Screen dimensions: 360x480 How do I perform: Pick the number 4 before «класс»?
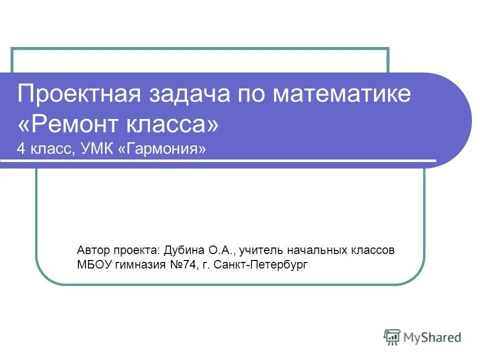[20, 148]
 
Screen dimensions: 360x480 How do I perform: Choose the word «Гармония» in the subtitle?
[162, 148]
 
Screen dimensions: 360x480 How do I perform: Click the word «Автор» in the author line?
[93, 249]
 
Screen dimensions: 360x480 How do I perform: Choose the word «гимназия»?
[139, 264]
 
